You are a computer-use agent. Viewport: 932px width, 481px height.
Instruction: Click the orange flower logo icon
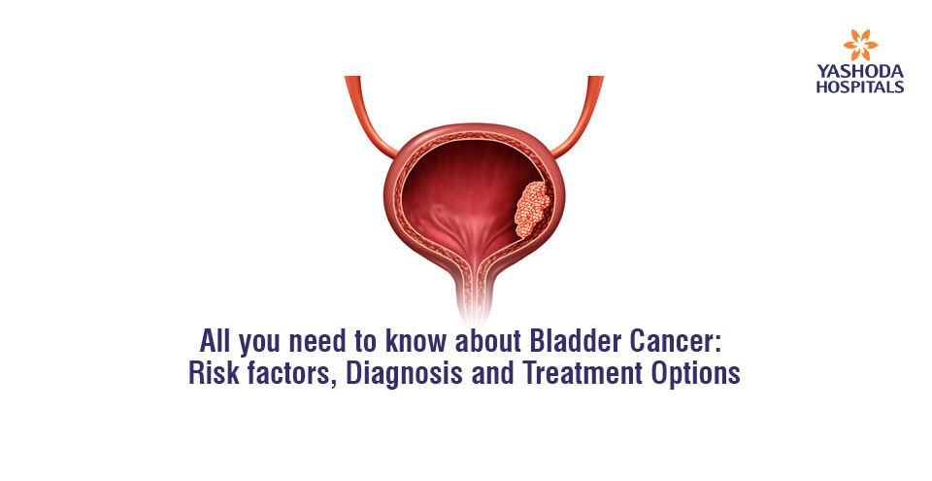[x=860, y=45]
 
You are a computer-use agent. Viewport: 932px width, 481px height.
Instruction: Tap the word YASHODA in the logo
[x=860, y=73]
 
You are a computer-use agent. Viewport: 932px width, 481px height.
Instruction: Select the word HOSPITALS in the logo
[x=860, y=86]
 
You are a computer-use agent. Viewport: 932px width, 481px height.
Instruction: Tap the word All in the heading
[x=216, y=342]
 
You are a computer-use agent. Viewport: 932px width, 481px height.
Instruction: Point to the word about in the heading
[x=488, y=342]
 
